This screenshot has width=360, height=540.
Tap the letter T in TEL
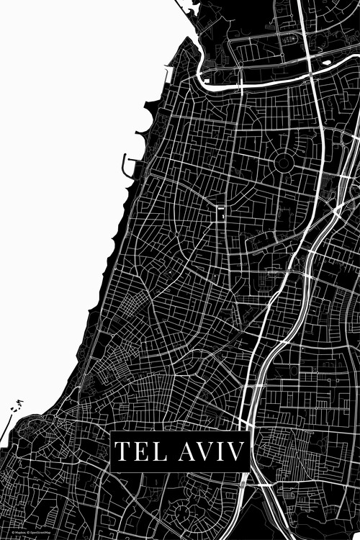coord(123,452)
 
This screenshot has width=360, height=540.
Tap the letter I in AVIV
coord(218,452)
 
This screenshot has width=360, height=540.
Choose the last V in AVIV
coord(234,452)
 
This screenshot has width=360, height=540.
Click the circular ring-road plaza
coord(283,163)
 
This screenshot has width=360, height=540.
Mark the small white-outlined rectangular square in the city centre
coord(220,214)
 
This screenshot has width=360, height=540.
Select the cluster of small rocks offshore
coord(14,410)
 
